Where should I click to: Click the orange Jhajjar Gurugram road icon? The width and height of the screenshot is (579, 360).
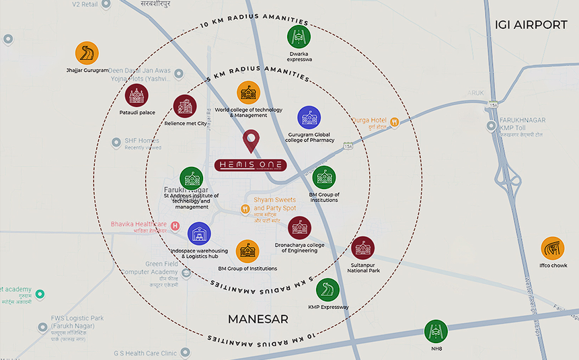coord(87,52)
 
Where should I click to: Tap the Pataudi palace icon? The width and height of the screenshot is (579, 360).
coord(137,96)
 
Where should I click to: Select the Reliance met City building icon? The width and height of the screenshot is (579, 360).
coord(185,106)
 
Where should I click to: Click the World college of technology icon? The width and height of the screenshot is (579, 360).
coord(248,93)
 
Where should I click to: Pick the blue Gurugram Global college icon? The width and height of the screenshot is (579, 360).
coord(309,117)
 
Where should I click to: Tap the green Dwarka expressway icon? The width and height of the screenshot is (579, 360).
coord(299,37)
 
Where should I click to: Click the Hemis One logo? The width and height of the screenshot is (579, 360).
coord(251,165)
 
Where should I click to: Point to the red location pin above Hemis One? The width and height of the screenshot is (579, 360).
coord(251,141)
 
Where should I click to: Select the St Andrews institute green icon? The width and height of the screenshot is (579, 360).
coord(191,178)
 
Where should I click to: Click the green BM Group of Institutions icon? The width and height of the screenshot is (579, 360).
coord(323,178)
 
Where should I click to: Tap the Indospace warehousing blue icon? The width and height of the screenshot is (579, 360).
coord(198,233)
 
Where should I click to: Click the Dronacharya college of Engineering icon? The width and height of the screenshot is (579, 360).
coord(299,227)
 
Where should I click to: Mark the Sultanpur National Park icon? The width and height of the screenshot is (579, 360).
coord(363,248)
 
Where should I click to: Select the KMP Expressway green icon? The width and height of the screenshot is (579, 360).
coord(327,289)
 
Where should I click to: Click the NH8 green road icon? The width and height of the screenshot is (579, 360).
coord(436,331)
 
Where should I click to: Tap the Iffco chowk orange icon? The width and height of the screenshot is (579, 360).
coord(553,248)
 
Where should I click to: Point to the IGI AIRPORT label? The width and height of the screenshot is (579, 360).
coord(531,25)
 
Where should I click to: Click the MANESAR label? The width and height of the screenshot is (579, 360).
coord(258,318)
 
